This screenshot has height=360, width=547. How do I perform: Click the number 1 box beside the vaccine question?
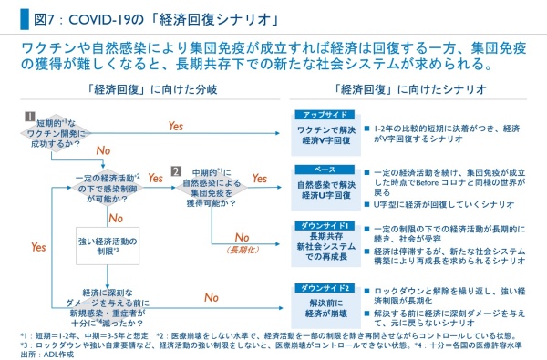click(x=29, y=117)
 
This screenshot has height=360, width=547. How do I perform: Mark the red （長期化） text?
click(x=242, y=249)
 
